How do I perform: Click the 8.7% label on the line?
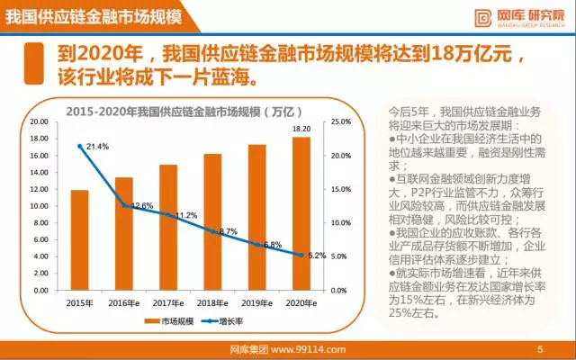click(x=229, y=231)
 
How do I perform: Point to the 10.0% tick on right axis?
click(x=339, y=223)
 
